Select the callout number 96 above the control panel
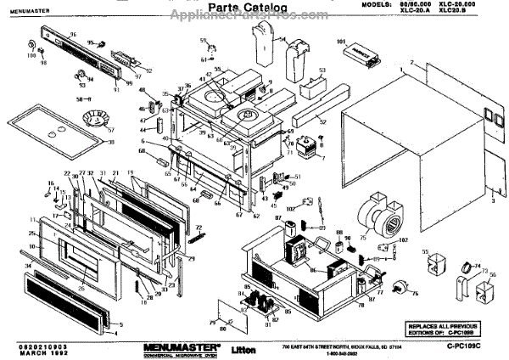[73, 36]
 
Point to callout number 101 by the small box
[343, 41]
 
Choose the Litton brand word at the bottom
[247, 349]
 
